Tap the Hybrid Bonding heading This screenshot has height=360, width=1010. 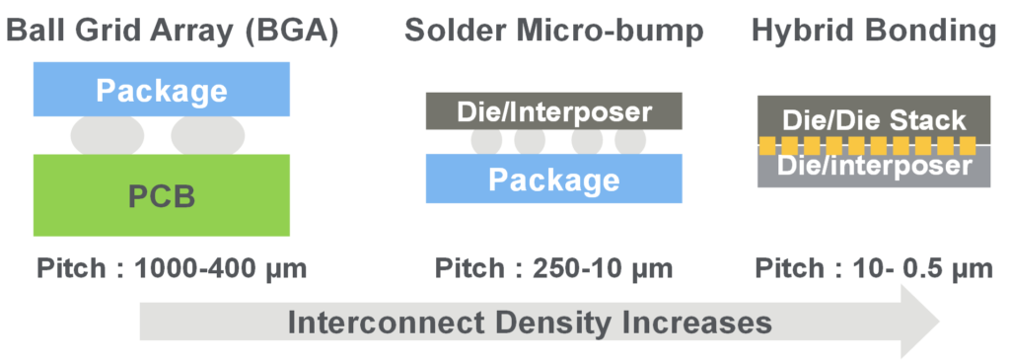point(874,33)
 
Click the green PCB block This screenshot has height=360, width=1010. point(162,195)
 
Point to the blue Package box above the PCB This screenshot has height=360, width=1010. point(162,90)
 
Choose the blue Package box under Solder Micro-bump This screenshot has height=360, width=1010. point(554,179)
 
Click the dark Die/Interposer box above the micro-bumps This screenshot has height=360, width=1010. point(554,110)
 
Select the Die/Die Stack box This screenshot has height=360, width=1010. point(874,118)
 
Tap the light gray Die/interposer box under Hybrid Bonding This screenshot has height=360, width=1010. point(874,169)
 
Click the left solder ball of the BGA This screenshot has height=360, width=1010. point(108,135)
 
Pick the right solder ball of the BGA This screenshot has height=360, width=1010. point(208,135)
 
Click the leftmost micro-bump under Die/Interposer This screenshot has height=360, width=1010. point(486,142)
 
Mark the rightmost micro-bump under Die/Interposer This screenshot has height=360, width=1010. point(630,142)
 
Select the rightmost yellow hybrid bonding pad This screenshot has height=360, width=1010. point(968,146)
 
